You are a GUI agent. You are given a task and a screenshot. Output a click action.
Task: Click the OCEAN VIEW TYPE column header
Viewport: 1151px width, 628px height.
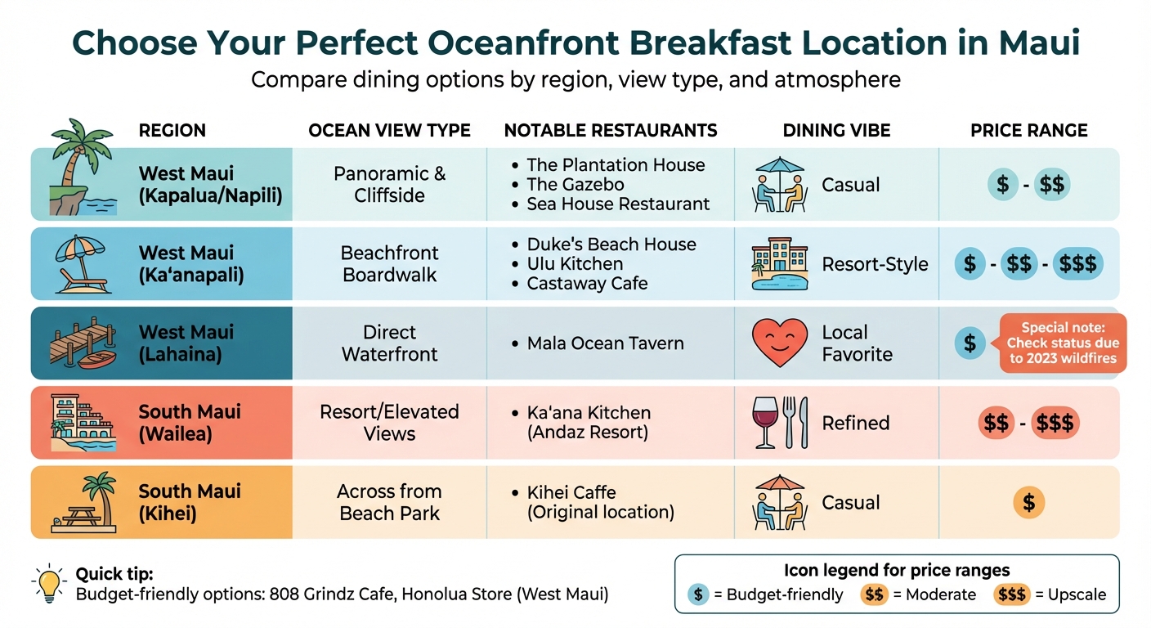pyautogui.click(x=389, y=131)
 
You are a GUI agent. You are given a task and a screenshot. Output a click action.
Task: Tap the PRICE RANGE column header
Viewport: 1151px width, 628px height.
pyautogui.click(x=1028, y=131)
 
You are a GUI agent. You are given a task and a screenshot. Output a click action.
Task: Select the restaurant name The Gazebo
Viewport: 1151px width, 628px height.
pyautogui.click(x=575, y=185)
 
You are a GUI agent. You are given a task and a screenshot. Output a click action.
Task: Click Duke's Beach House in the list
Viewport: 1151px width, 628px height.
pyautogui.click(x=611, y=244)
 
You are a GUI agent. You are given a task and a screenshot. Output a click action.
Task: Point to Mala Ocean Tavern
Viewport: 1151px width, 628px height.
pyautogui.click(x=605, y=343)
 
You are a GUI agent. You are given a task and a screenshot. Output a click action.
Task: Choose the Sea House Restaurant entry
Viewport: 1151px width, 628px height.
pyautogui.click(x=618, y=204)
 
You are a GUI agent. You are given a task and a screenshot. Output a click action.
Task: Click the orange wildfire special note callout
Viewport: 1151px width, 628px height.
pyautogui.click(x=1062, y=343)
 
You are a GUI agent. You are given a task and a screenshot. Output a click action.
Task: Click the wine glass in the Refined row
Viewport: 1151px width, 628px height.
pyautogui.click(x=766, y=423)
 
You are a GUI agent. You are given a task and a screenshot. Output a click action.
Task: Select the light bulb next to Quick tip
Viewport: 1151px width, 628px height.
pyautogui.click(x=49, y=582)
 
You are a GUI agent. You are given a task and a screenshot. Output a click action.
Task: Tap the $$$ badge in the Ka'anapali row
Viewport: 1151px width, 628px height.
pyautogui.click(x=1077, y=264)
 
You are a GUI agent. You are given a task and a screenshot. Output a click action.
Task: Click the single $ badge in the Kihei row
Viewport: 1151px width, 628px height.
pyautogui.click(x=1028, y=503)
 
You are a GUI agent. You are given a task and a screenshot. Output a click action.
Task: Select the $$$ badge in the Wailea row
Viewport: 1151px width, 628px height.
pyautogui.click(x=1055, y=423)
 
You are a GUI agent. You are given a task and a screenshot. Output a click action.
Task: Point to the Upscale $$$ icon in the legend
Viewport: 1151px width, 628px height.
pyautogui.click(x=1012, y=594)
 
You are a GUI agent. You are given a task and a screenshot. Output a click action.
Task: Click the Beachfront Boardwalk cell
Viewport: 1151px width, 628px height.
pyautogui.click(x=389, y=264)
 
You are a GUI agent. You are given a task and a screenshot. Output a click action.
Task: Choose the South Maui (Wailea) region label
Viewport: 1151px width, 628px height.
pyautogui.click(x=190, y=423)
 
